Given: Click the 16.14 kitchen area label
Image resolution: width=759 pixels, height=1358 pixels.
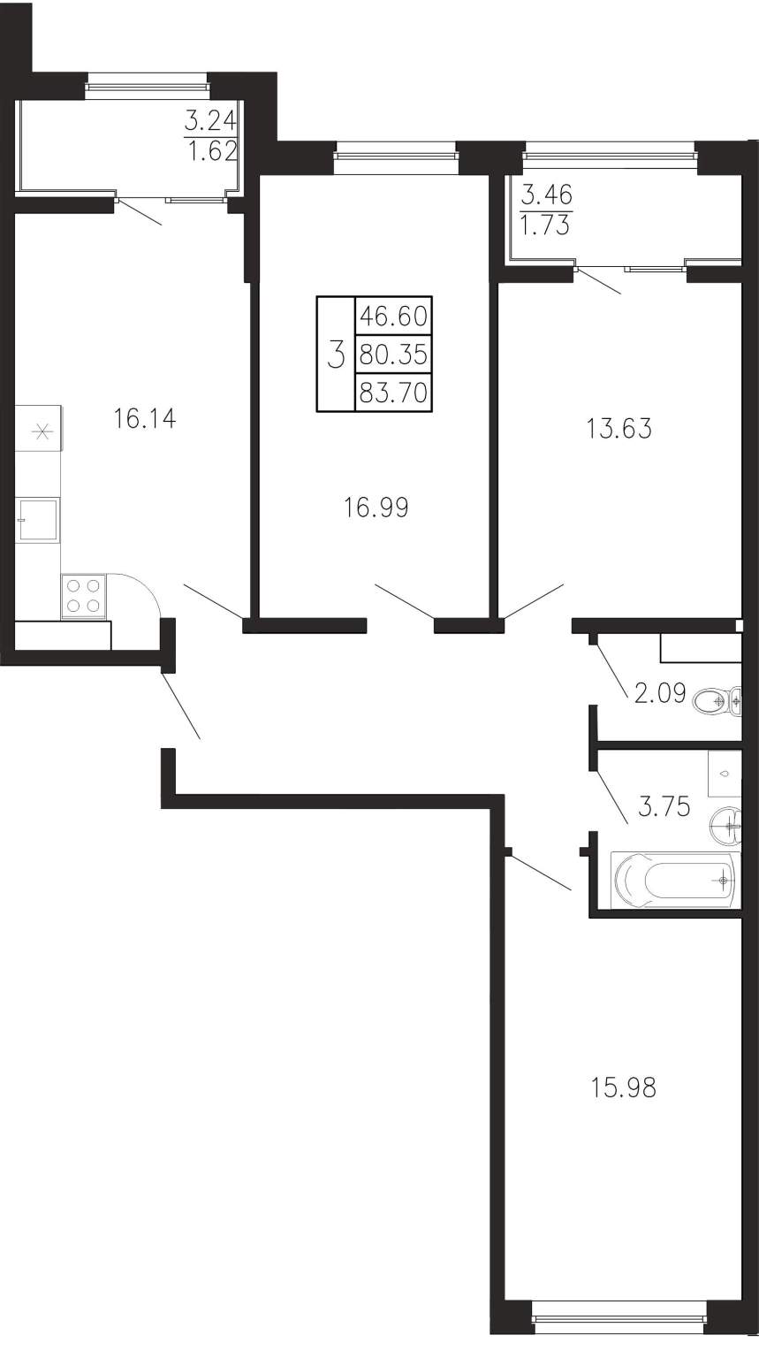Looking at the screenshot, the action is (x=145, y=419).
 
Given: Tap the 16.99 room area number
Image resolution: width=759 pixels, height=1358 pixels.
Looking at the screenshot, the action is (x=376, y=507).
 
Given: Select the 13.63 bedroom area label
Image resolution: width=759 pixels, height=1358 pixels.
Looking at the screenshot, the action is (x=619, y=429).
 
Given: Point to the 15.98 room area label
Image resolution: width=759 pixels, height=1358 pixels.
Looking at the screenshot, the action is (x=623, y=1087).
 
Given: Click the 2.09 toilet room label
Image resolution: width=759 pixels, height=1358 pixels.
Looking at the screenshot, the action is (x=660, y=692).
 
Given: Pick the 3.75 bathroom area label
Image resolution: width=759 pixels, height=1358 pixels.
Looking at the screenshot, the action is (x=664, y=807).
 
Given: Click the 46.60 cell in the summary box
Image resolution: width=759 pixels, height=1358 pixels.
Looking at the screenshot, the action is (x=394, y=316).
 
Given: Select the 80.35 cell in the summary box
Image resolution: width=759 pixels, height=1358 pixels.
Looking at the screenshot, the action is (x=394, y=354).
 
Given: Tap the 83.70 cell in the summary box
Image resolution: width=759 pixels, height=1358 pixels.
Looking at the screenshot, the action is (x=394, y=393).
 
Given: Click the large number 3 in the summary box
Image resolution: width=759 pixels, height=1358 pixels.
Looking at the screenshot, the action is (x=336, y=355).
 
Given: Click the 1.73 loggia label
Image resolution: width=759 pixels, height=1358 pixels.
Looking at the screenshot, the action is (x=546, y=225).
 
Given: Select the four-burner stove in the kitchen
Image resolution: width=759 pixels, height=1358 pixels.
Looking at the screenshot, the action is (x=84, y=596).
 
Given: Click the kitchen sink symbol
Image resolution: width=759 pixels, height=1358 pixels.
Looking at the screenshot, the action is (x=38, y=520).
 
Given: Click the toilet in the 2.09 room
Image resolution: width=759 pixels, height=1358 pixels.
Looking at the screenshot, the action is (x=717, y=702).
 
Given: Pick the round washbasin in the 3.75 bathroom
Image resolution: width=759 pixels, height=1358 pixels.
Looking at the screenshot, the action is (x=724, y=825).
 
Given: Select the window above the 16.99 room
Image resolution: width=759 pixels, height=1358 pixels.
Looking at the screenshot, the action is (x=395, y=149).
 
